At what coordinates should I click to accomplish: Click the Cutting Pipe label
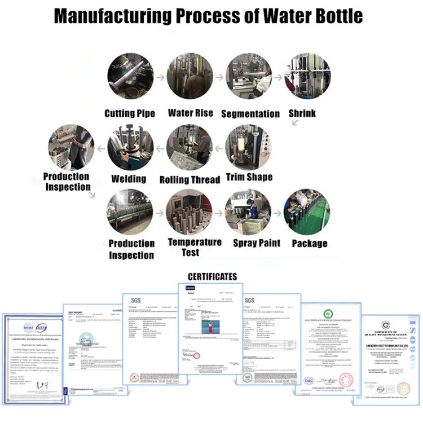pyautogui.click(x=130, y=113)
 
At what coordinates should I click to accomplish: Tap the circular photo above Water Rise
pyautogui.click(x=190, y=77)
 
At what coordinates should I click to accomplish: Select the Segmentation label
pyautogui.click(x=250, y=113)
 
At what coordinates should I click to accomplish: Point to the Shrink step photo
pyautogui.click(x=309, y=77)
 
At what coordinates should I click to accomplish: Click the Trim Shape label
pyautogui.click(x=249, y=177)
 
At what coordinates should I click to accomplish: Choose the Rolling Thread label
pyautogui.click(x=190, y=180)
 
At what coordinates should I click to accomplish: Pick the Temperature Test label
pyautogui.click(x=195, y=247)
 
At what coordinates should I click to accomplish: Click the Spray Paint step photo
pyautogui.click(x=250, y=213)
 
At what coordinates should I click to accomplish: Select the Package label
pyautogui.click(x=309, y=243)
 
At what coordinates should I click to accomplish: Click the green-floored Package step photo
pyautogui.click(x=307, y=213)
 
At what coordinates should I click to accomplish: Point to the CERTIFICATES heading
pyautogui.click(x=212, y=277)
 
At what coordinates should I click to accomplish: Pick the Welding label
pyautogui.click(x=129, y=179)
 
